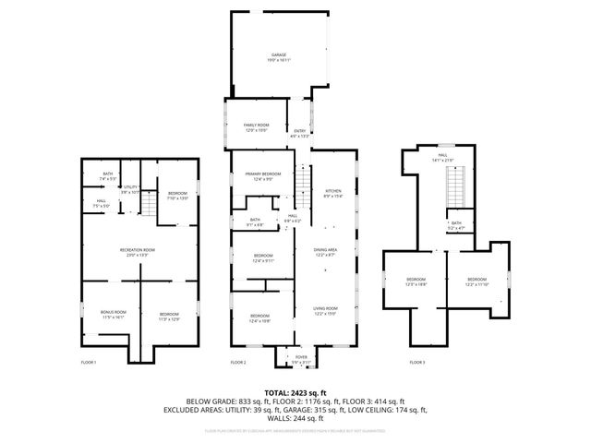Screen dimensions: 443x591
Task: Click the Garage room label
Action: (280, 57)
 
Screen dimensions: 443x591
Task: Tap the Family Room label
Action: (256, 126)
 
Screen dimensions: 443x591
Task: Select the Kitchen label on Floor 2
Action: (332, 193)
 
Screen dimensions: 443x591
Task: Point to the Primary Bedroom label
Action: (262, 175)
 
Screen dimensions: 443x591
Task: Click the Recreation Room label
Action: (136, 252)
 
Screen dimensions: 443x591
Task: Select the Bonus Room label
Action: (112, 315)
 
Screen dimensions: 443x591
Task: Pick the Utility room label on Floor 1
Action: (131, 189)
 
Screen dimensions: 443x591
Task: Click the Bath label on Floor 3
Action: (456, 224)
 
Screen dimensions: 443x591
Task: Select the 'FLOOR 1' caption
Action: (89, 362)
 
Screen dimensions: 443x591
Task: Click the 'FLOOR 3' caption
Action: (418, 362)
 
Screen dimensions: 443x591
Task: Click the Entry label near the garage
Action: (300, 132)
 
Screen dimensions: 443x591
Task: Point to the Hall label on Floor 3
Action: (442, 157)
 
